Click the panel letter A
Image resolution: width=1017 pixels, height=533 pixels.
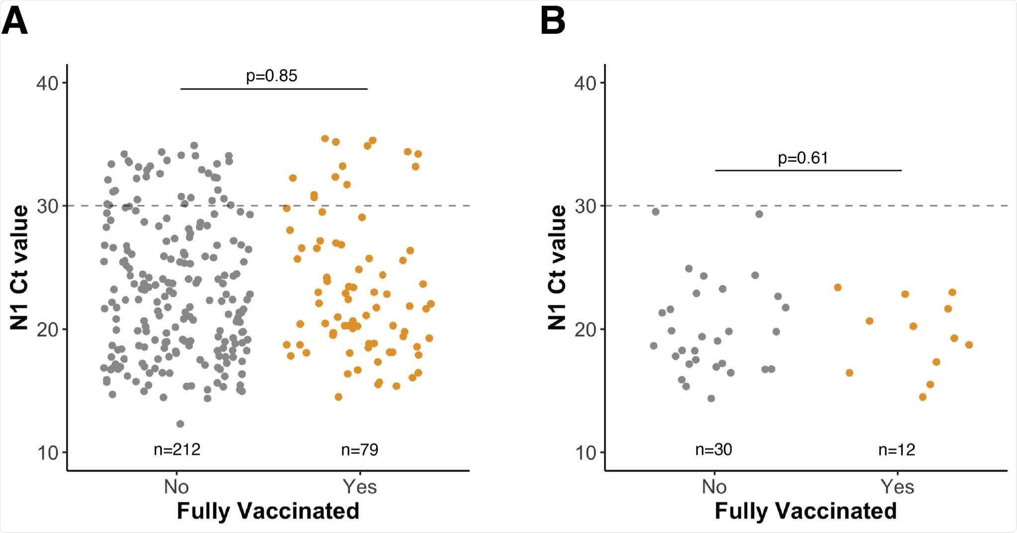(15, 22)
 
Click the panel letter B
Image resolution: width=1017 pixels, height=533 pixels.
(553, 22)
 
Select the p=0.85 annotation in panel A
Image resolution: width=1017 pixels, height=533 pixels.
(272, 76)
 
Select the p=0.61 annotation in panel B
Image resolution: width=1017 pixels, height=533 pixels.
(803, 158)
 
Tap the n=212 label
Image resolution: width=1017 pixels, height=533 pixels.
(177, 450)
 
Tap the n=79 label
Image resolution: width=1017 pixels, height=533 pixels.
(360, 450)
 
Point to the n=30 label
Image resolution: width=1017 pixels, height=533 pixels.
(713, 450)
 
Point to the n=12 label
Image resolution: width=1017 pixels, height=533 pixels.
(897, 450)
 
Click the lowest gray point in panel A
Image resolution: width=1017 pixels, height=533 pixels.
(180, 424)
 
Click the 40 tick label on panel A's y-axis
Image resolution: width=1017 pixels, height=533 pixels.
(48, 83)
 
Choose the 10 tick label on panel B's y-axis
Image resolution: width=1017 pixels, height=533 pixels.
(586, 453)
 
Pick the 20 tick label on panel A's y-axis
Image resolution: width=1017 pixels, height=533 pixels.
(48, 329)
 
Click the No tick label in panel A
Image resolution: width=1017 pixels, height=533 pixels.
(176, 487)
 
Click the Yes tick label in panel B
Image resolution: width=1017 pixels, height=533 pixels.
(897, 487)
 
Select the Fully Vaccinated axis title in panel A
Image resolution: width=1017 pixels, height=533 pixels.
(268, 511)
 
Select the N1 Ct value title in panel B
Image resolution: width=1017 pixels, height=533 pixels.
(557, 268)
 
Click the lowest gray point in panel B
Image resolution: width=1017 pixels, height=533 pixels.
(711, 398)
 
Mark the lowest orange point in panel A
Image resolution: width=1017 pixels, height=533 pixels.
(338, 397)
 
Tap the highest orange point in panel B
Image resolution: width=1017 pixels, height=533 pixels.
(837, 287)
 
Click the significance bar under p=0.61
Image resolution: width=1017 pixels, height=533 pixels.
(808, 170)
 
